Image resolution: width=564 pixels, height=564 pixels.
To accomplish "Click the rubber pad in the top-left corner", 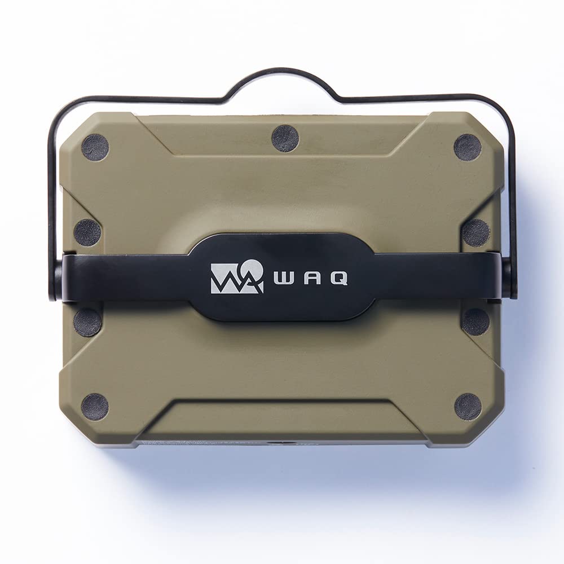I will click(95, 147).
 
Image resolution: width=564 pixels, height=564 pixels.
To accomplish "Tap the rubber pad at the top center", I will click(285, 139).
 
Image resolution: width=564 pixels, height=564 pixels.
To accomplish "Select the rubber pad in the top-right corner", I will click(468, 147).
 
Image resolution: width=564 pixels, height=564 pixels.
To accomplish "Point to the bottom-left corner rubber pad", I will click(95, 407).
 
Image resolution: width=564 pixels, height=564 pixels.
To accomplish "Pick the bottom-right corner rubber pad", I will click(468, 407).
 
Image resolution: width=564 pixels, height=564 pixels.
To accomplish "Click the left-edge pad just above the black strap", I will click(87, 232).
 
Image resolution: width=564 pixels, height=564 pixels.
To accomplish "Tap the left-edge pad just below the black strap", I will click(87, 322).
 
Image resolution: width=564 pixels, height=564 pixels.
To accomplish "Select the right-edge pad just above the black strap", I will click(476, 232).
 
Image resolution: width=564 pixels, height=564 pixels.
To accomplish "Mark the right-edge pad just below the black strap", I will click(476, 322).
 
